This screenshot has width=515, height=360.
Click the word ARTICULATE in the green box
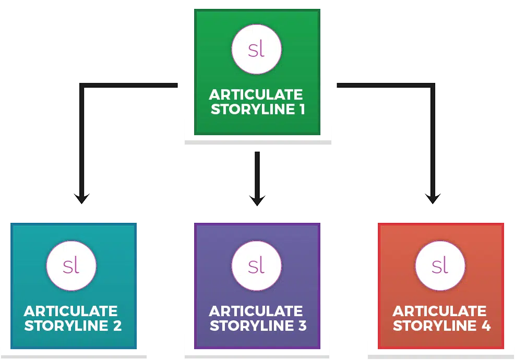(x=256, y=95)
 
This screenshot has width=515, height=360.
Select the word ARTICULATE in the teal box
(x=71, y=311)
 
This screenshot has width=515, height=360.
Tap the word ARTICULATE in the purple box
(x=256, y=311)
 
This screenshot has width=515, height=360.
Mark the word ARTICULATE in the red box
(x=439, y=311)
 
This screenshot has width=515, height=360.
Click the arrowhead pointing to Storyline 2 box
(x=81, y=199)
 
